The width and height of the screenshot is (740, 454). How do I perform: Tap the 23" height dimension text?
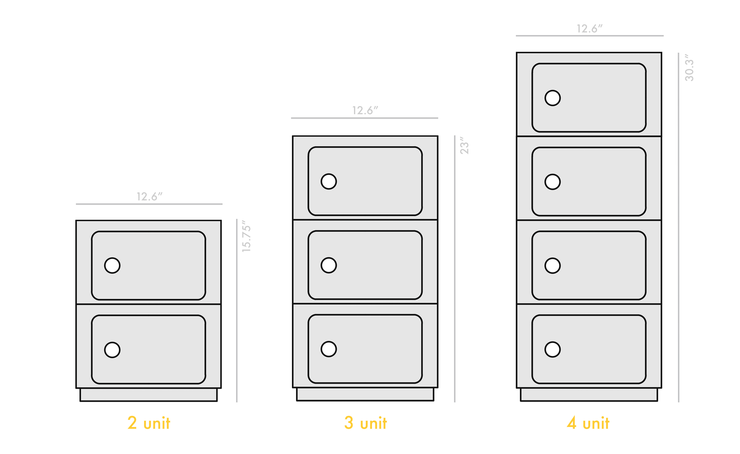[x=464, y=146]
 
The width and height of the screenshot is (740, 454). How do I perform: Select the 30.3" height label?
[x=689, y=68]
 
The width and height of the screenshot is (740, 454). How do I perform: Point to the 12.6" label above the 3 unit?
[x=365, y=110]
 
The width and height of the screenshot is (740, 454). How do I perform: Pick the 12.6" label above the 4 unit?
[x=590, y=29]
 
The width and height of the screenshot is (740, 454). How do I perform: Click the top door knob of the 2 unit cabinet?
[x=112, y=265]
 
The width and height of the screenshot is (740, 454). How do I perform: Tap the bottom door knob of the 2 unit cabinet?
[x=112, y=350]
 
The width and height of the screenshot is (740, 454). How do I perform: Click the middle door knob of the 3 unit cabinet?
[x=329, y=265]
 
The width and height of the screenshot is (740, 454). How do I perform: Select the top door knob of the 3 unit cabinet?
[x=329, y=182]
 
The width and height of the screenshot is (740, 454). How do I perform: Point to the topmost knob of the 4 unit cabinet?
[x=553, y=98]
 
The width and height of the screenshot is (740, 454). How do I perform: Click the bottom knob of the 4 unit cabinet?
[x=553, y=349]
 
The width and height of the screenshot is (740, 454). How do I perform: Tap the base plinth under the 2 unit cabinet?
[x=149, y=395]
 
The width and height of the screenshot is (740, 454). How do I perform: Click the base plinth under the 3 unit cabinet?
[x=365, y=394]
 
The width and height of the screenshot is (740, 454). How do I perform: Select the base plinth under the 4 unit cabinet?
[x=589, y=394]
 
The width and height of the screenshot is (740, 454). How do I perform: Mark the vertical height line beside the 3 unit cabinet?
[x=455, y=269]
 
